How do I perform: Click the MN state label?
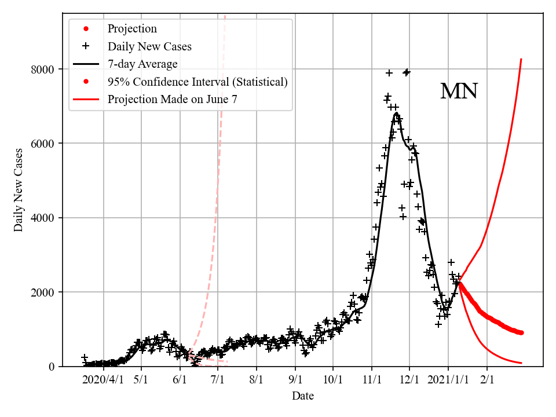click(x=459, y=92)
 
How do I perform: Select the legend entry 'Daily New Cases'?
click(x=149, y=46)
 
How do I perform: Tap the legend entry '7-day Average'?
click(x=142, y=64)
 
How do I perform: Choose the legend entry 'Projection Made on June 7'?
click(x=172, y=100)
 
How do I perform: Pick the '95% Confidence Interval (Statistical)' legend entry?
click(x=197, y=82)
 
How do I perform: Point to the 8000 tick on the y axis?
click(x=42, y=69)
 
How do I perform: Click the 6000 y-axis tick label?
click(x=42, y=144)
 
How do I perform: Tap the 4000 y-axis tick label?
click(x=42, y=218)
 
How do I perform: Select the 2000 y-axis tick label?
click(x=42, y=292)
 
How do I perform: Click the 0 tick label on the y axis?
click(x=52, y=367)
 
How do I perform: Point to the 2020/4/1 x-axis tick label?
click(x=103, y=380)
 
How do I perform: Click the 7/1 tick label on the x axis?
click(x=218, y=380)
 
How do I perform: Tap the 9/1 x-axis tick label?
click(x=295, y=380)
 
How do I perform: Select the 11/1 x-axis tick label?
click(x=372, y=380)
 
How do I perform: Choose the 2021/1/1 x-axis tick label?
click(x=448, y=380)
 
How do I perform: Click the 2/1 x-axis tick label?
click(x=487, y=380)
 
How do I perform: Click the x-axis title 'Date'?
click(x=303, y=396)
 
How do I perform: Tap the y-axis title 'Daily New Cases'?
click(x=19, y=190)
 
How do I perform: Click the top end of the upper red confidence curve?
click(x=521, y=59)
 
